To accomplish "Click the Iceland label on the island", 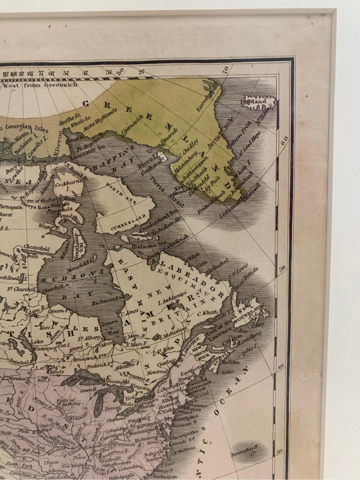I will click(256, 101).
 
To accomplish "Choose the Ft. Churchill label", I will click(21, 289).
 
